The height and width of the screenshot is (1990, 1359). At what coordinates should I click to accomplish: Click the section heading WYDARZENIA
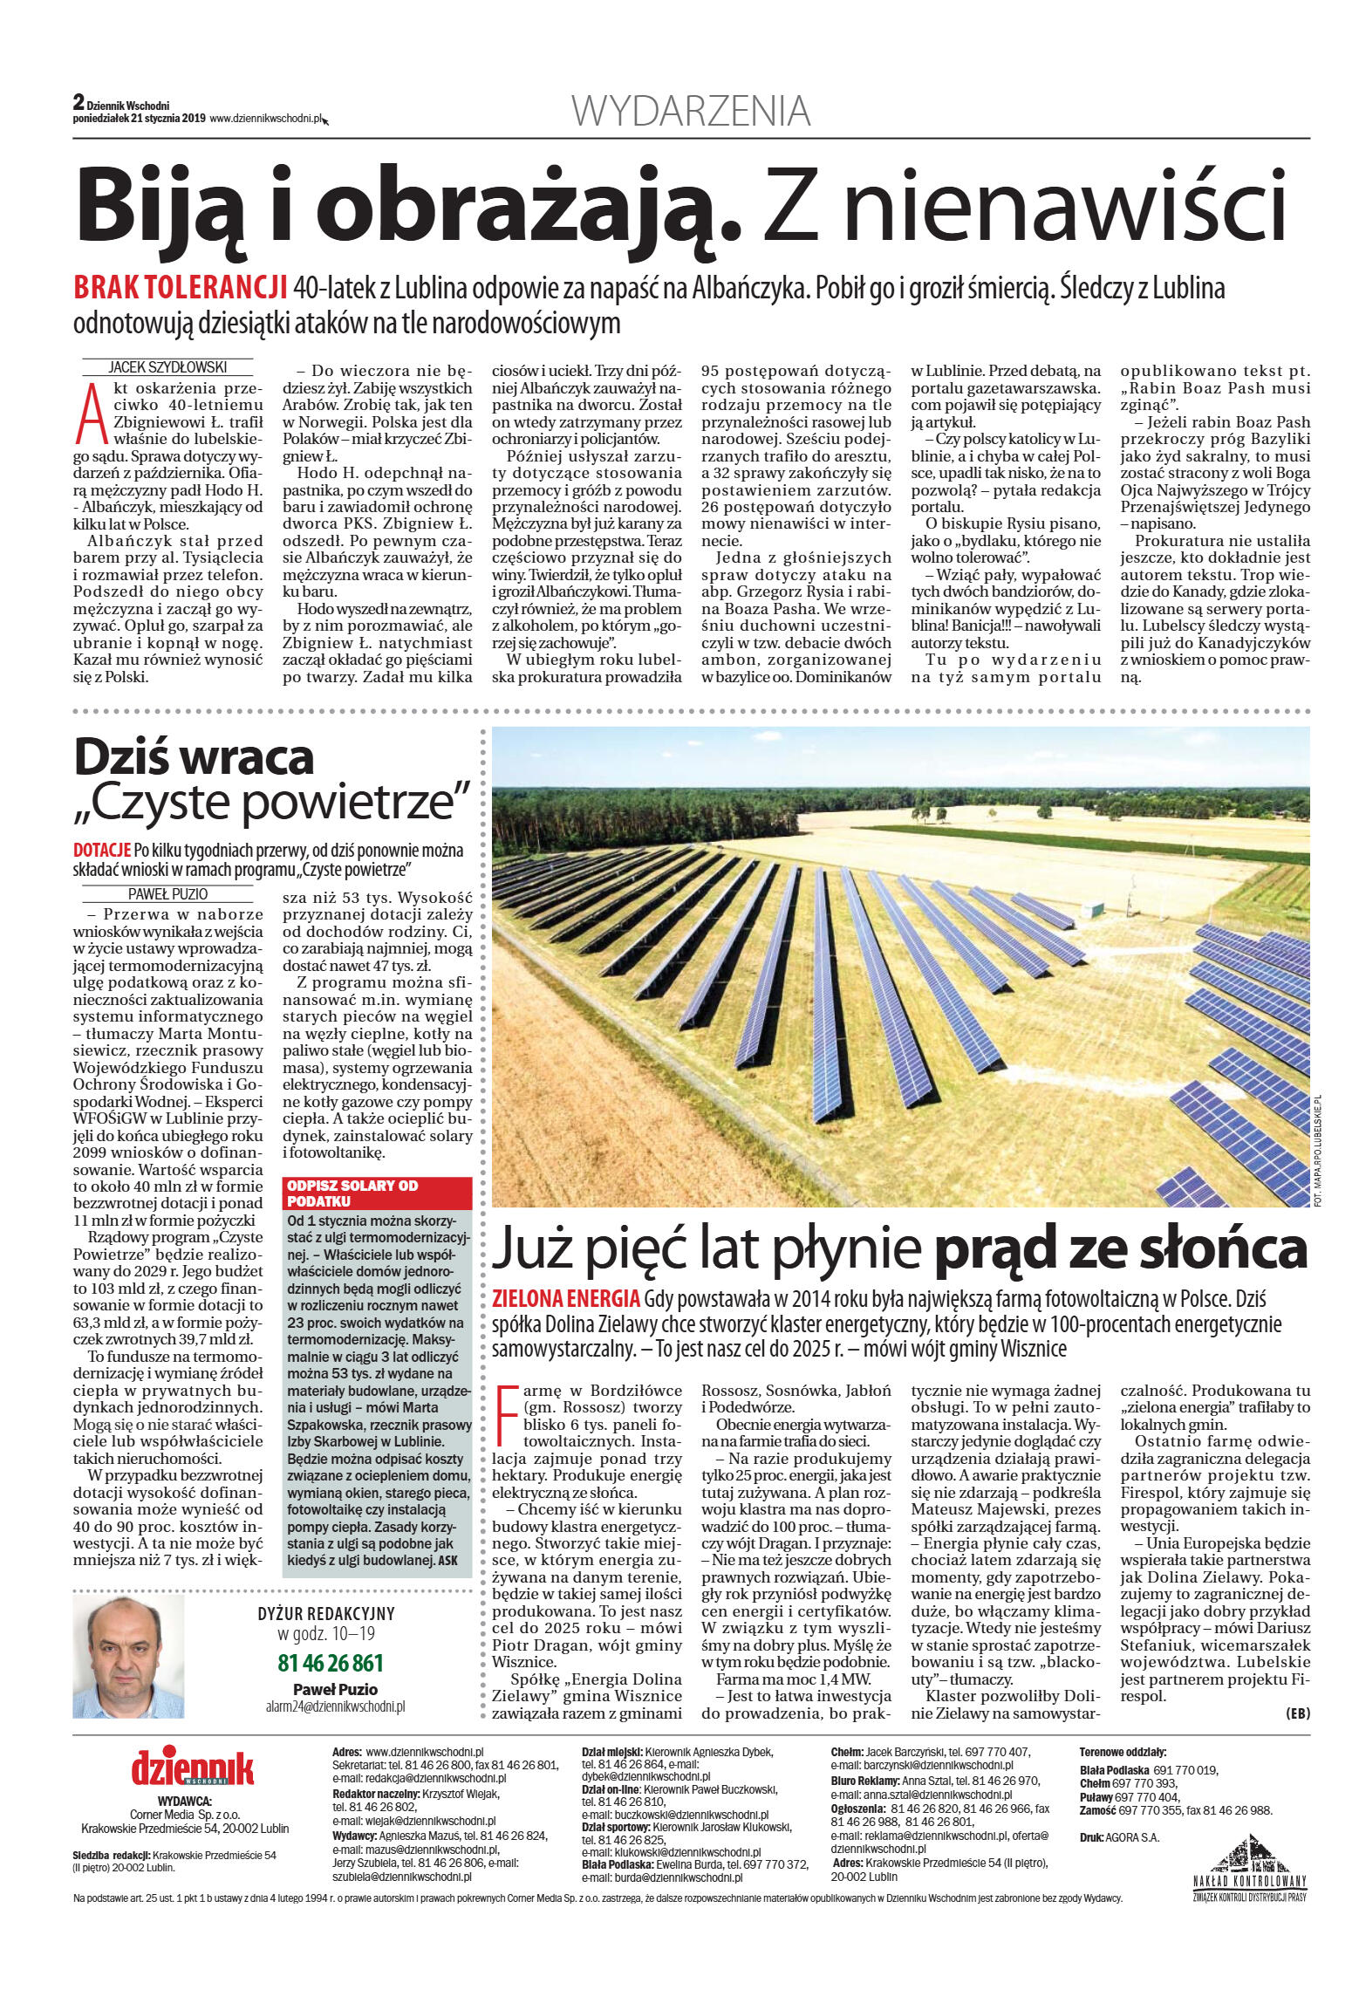click(690, 112)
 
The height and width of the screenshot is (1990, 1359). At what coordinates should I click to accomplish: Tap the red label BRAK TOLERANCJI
click(181, 287)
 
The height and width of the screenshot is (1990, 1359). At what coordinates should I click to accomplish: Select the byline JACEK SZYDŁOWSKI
click(167, 367)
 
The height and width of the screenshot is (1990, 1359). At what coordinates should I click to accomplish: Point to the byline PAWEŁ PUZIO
click(167, 893)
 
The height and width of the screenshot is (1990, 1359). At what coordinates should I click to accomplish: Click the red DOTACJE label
click(101, 850)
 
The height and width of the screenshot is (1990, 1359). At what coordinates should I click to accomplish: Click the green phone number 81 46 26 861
click(331, 1663)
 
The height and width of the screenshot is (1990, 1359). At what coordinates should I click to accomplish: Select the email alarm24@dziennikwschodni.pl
click(335, 1706)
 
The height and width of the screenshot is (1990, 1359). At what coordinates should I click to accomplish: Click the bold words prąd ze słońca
click(1120, 1250)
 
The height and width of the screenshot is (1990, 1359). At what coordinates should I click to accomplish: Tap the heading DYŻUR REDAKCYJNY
click(325, 1614)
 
